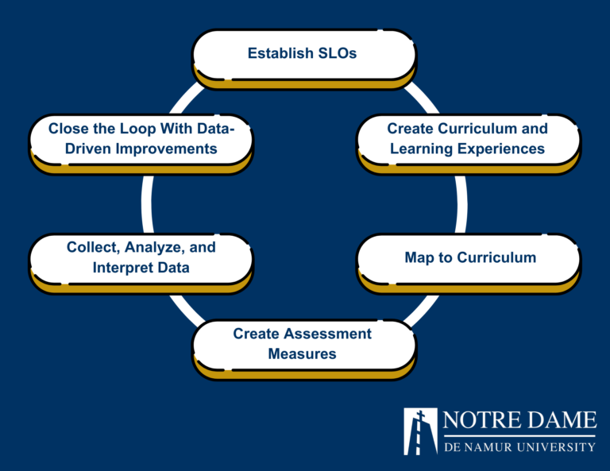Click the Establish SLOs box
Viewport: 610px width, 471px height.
[304, 55]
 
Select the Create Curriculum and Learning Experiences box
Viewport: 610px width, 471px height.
[467, 139]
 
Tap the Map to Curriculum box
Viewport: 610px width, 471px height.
[469, 258]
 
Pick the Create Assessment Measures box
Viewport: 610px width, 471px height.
[303, 344]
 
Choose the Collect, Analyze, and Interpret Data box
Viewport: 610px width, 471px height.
[141, 258]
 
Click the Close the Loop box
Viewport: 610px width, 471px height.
[141, 139]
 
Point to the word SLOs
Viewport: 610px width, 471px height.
[338, 54]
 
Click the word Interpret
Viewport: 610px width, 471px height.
[120, 268]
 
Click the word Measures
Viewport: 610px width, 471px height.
[302, 353]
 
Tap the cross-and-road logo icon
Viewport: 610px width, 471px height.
[420, 431]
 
